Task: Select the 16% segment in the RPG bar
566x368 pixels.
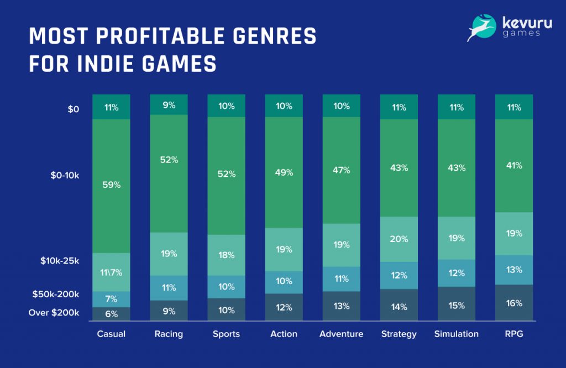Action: [x=514, y=303]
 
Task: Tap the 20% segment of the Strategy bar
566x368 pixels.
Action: [x=399, y=239]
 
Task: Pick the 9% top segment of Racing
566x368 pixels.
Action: [x=169, y=104]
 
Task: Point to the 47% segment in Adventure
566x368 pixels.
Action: [x=342, y=170]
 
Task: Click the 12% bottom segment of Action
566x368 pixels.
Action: [x=284, y=307]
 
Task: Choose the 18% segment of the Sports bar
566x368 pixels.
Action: [x=227, y=255]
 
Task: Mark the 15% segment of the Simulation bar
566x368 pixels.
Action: [x=457, y=304]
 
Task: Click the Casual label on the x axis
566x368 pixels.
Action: [x=111, y=334]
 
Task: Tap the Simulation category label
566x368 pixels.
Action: [x=456, y=334]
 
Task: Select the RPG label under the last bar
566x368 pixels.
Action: [x=514, y=334]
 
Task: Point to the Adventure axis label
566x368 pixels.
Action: [x=342, y=334]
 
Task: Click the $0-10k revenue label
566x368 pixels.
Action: [x=62, y=176]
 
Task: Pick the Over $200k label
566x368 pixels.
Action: [x=54, y=313]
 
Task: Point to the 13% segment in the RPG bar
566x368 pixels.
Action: [x=514, y=270]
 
